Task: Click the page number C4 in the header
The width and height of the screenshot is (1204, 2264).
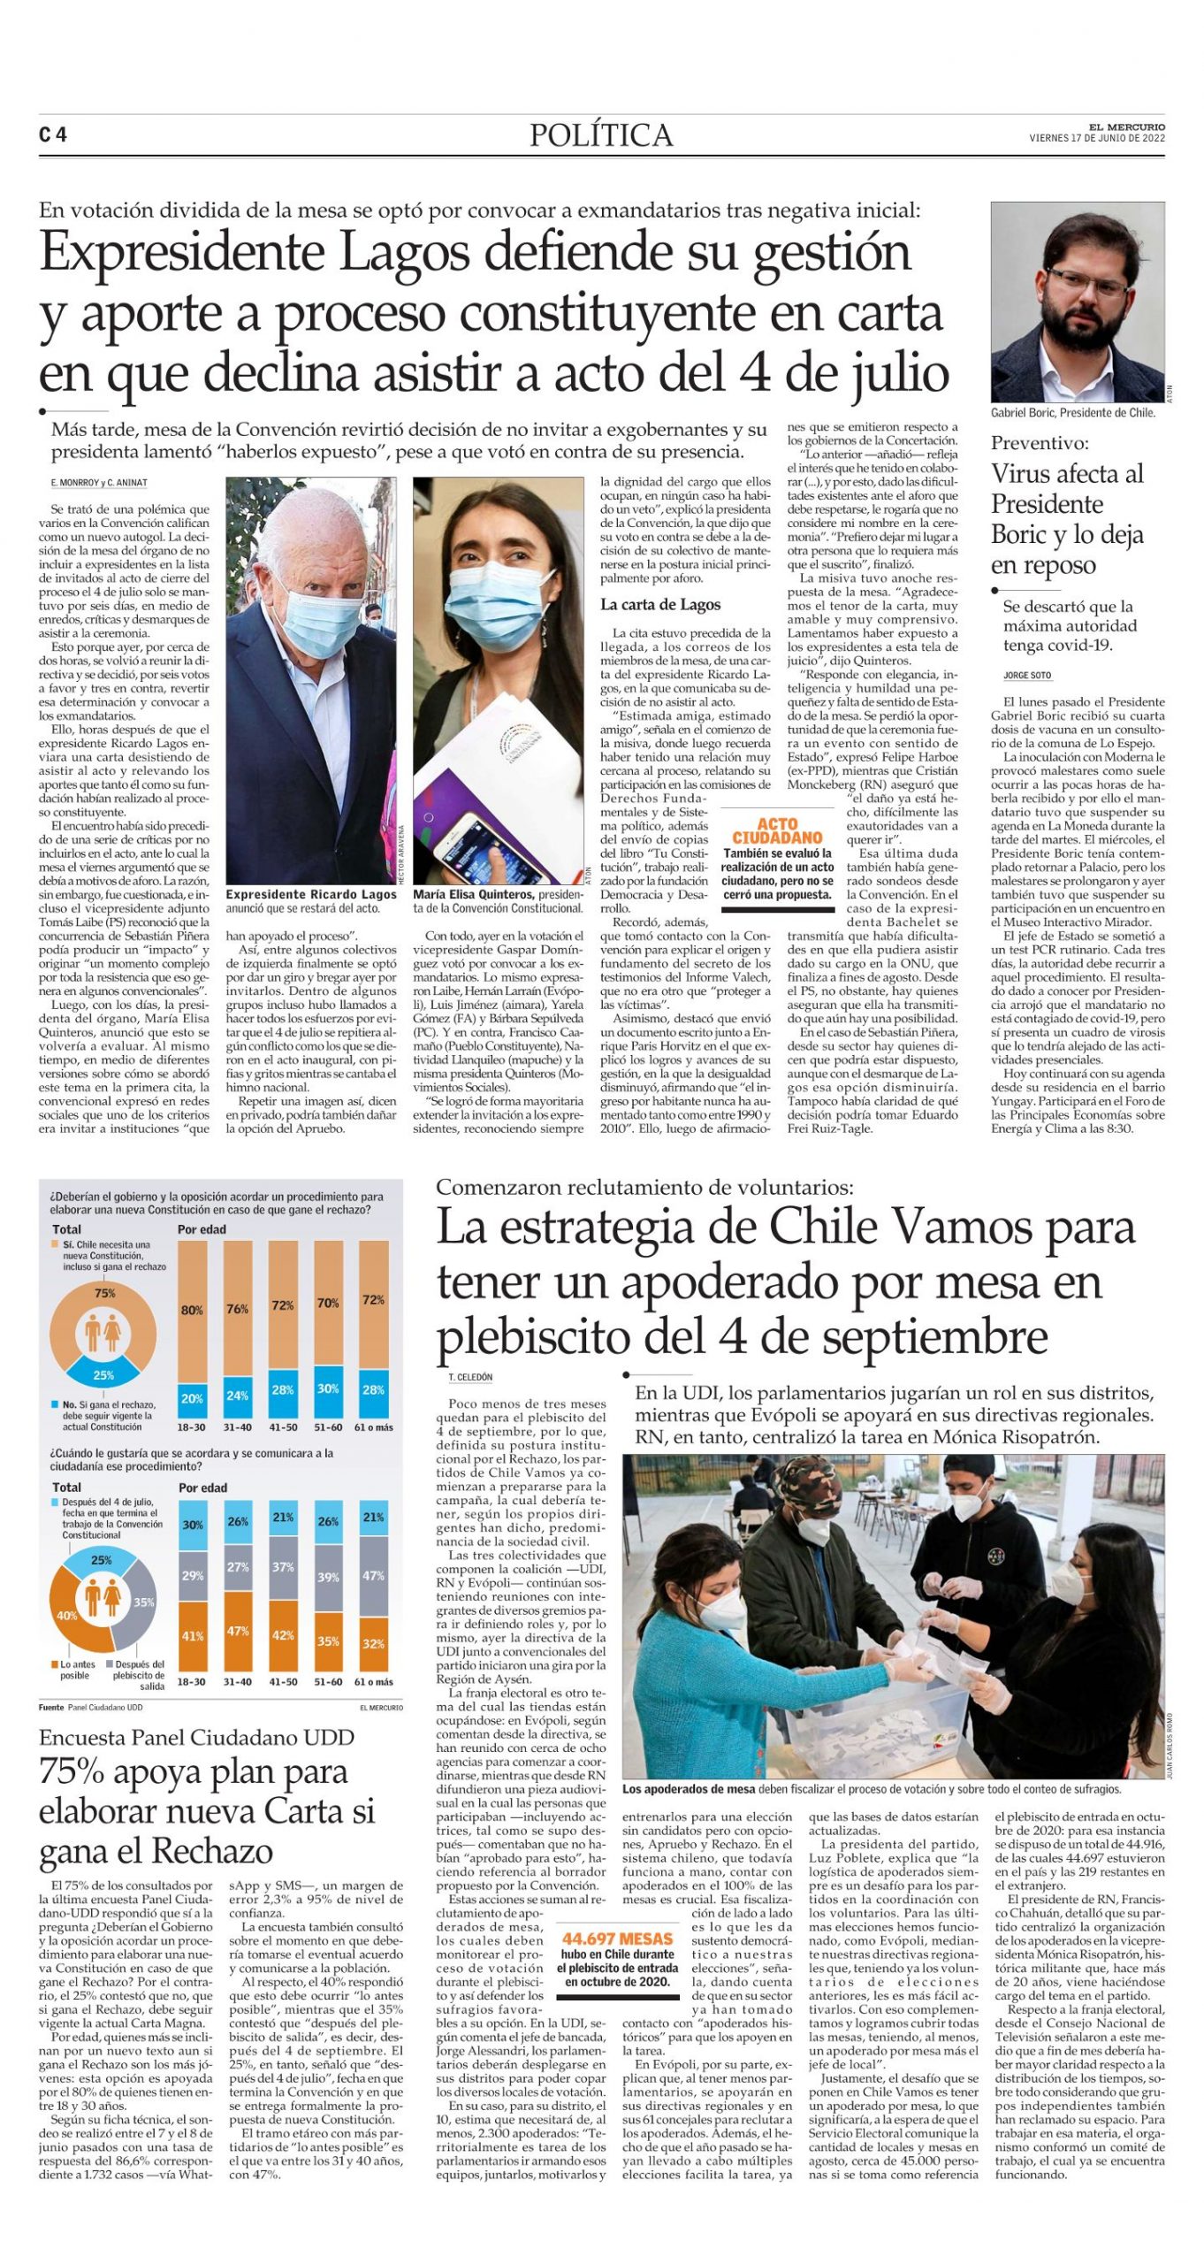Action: click(x=53, y=134)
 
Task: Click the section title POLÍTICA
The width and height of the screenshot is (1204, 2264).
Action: click(x=601, y=135)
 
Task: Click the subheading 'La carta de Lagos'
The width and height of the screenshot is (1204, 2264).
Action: click(x=660, y=605)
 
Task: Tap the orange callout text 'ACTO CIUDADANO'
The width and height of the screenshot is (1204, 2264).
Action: click(x=777, y=830)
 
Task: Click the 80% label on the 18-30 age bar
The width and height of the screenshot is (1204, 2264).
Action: click(x=192, y=1310)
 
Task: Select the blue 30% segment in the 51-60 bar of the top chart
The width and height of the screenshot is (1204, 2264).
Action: click(x=328, y=1388)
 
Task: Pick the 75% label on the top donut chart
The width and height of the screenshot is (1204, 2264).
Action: click(x=104, y=1293)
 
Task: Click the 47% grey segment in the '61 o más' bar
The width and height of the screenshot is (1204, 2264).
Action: click(x=373, y=1575)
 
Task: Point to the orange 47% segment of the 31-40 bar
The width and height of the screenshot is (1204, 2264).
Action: click(x=237, y=1631)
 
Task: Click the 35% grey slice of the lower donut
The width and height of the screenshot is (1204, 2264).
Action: click(x=143, y=1602)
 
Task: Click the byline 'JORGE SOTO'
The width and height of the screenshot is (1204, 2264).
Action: click(x=1027, y=676)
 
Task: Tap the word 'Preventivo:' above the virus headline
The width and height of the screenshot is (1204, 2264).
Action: click(x=1040, y=443)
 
